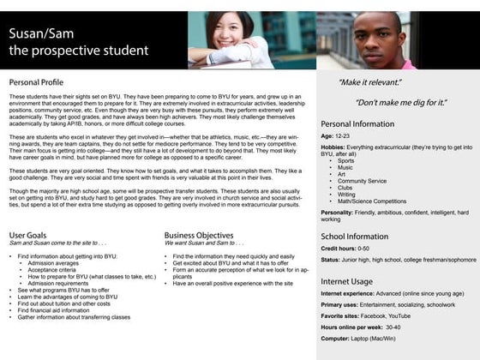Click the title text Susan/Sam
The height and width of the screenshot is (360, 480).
(x=41, y=34)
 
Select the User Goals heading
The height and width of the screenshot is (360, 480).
(x=33, y=234)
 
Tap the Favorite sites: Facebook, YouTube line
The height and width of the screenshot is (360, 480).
(x=367, y=315)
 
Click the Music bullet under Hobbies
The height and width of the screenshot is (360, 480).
(x=346, y=167)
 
